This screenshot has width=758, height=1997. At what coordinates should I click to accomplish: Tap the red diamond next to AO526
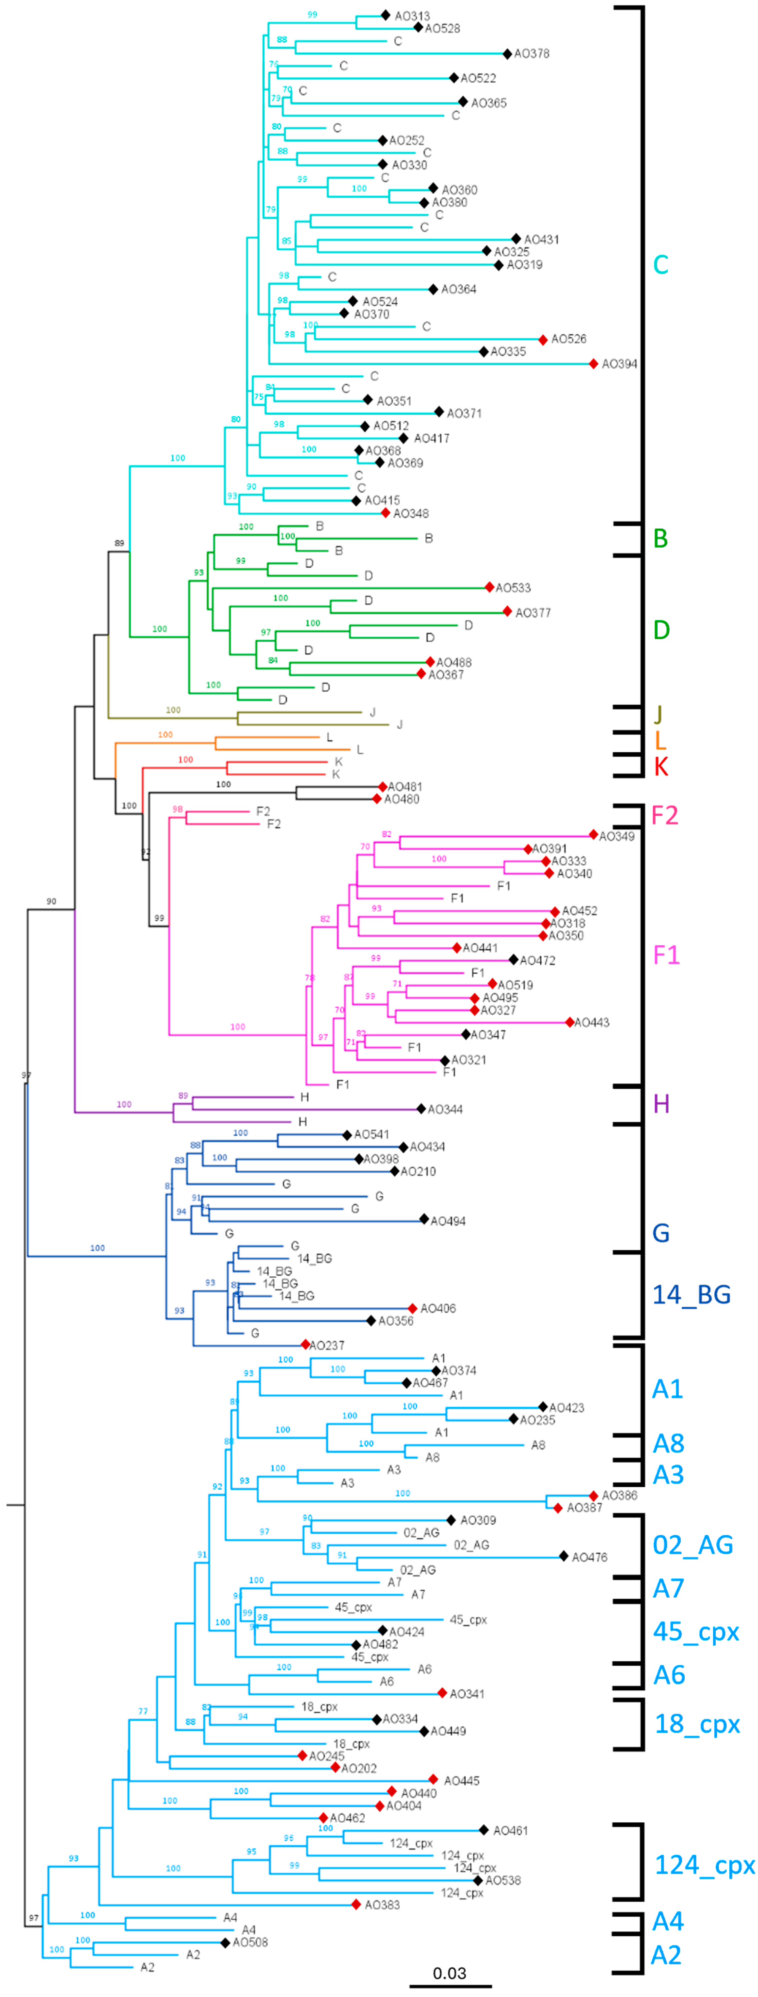(543, 339)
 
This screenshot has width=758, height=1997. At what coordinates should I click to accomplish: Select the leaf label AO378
(532, 53)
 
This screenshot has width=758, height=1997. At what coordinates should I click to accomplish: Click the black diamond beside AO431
(516, 239)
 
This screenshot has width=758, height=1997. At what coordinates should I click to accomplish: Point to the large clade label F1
(666, 954)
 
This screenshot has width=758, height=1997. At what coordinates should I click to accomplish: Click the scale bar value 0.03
(449, 1973)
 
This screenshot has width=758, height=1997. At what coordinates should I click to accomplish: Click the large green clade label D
(661, 630)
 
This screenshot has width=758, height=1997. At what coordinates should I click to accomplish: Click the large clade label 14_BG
(691, 1294)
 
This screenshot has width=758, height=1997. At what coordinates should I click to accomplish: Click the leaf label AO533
(513, 588)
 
